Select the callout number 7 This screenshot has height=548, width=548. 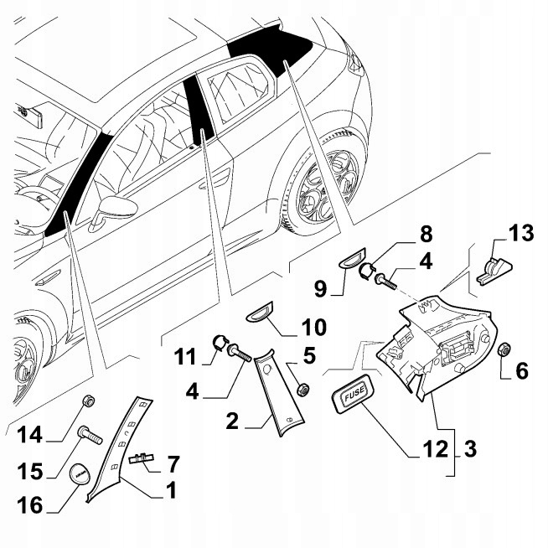173,462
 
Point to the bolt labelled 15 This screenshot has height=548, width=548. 87,434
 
